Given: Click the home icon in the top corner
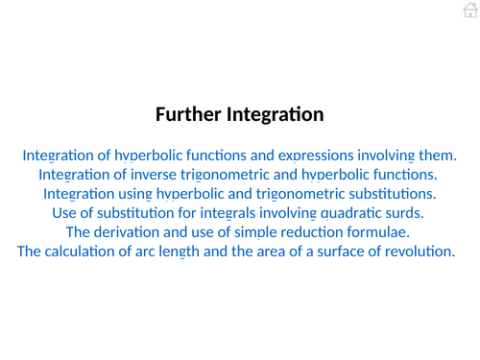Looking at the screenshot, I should coord(468,11).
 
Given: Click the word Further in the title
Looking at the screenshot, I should coord(188,115).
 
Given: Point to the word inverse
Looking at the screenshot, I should coord(148,174).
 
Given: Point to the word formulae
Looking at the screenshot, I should coord(376,232).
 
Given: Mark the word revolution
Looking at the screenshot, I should coord(421,252).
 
